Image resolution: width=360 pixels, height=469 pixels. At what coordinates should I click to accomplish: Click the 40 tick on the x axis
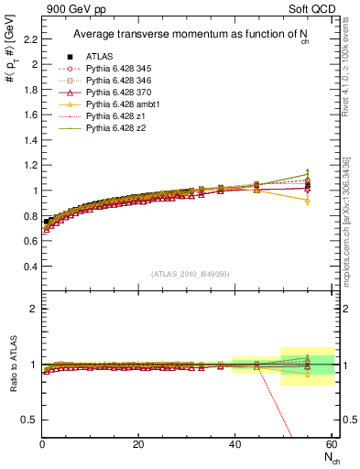[234, 444]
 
